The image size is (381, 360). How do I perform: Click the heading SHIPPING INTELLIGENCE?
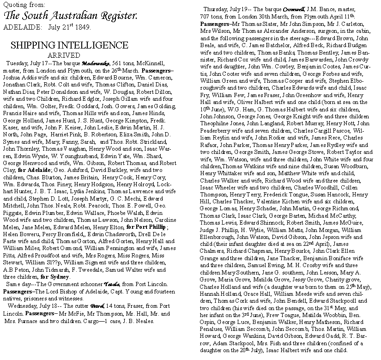[63, 45]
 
